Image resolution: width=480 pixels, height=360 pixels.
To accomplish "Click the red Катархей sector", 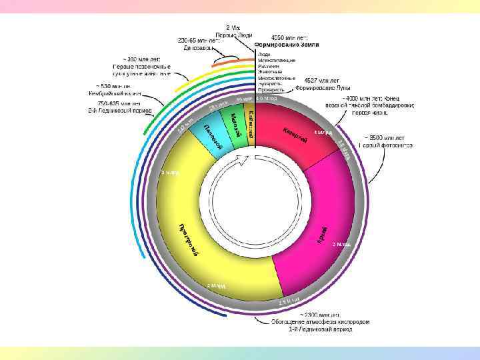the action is pos(293,133).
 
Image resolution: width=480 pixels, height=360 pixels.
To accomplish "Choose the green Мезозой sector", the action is pos(235,124).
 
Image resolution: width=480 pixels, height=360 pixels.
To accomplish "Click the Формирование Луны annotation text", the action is pos(323,87).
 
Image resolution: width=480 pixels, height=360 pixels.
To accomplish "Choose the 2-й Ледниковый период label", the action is pos(120,110).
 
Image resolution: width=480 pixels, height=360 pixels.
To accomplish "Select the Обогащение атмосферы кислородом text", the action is pos(319,321).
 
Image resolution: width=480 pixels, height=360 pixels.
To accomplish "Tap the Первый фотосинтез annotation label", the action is pos(385,145).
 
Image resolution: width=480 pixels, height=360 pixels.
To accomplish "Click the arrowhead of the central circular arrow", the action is pos(246,158).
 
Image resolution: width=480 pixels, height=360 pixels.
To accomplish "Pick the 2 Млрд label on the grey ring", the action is pos(217,285).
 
